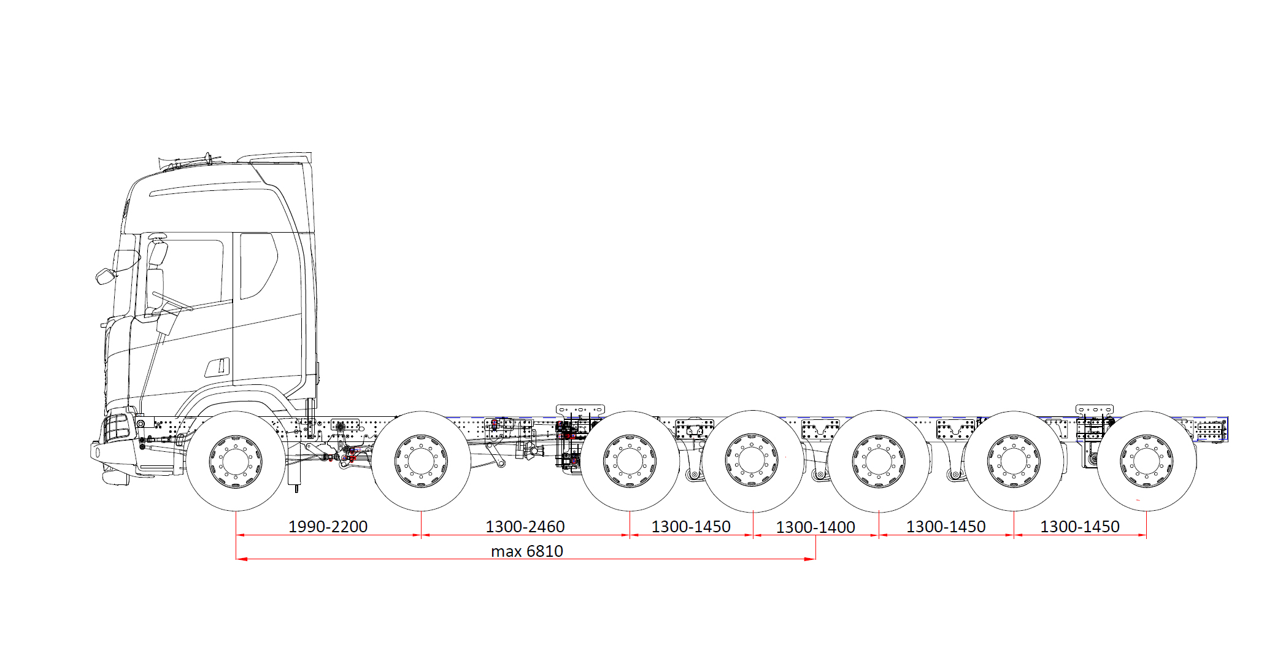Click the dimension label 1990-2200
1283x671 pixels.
pos(328,527)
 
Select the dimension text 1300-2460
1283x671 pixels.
pos(525,527)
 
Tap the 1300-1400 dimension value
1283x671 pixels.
pos(815,527)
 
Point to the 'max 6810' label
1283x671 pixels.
pos(527,551)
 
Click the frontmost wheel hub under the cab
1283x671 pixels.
pos(236,461)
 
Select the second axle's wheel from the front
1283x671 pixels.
pos(421,461)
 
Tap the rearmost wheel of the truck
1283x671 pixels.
pos(1146,461)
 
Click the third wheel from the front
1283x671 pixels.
pos(630,461)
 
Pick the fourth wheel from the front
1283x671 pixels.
pos(753,461)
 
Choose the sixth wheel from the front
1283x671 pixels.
pos(1014,461)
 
